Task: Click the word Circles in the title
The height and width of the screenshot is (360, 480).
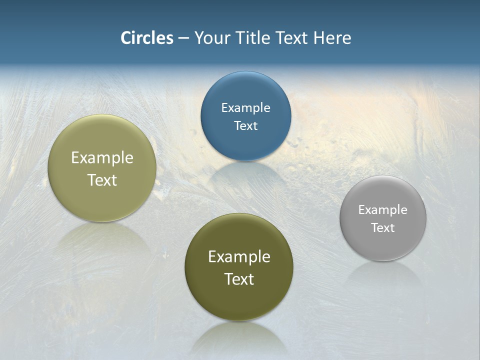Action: tap(147, 38)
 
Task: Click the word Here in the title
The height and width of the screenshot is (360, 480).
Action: tap(332, 38)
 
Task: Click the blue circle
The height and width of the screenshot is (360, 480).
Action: tap(245, 116)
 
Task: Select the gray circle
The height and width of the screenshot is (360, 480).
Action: tap(383, 218)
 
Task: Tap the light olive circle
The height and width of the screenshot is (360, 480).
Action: tap(102, 168)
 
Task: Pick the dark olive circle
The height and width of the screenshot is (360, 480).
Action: tap(239, 267)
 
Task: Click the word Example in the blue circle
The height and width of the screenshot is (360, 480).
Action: tap(245, 107)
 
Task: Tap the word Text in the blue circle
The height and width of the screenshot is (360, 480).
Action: tap(245, 125)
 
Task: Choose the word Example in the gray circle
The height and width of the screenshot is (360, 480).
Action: tap(383, 209)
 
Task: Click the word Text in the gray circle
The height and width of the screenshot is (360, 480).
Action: tap(383, 227)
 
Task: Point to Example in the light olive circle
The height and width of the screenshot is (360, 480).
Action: tap(102, 157)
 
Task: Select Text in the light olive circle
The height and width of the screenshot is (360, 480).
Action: tap(102, 180)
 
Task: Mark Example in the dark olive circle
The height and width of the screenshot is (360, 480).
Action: tap(239, 256)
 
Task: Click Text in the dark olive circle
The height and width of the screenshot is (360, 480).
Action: tap(239, 279)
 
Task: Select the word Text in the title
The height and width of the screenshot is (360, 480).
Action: tap(292, 38)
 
